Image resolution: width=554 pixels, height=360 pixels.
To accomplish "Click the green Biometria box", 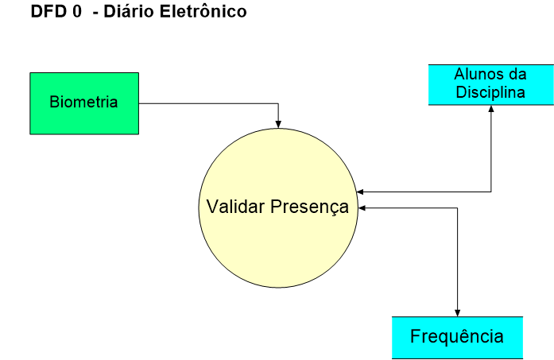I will click(83, 103).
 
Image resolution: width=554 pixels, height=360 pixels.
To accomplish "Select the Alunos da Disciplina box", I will click(489, 83).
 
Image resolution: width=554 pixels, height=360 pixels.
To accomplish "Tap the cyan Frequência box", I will click(457, 336).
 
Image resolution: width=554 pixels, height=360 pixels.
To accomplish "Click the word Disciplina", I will click(490, 92).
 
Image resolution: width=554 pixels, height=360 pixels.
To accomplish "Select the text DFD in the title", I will click(45, 13).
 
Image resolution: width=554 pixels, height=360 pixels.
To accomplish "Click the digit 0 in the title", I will click(77, 13).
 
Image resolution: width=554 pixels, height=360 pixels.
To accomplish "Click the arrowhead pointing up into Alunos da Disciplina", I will click(491, 110).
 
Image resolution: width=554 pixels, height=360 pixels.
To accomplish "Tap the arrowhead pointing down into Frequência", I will click(457, 312).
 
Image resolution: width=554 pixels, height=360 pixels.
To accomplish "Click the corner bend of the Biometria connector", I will click(278, 103).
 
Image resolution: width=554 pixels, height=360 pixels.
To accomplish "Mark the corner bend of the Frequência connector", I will click(457, 208).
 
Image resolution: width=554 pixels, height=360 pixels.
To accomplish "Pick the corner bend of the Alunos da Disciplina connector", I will click(491, 192).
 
